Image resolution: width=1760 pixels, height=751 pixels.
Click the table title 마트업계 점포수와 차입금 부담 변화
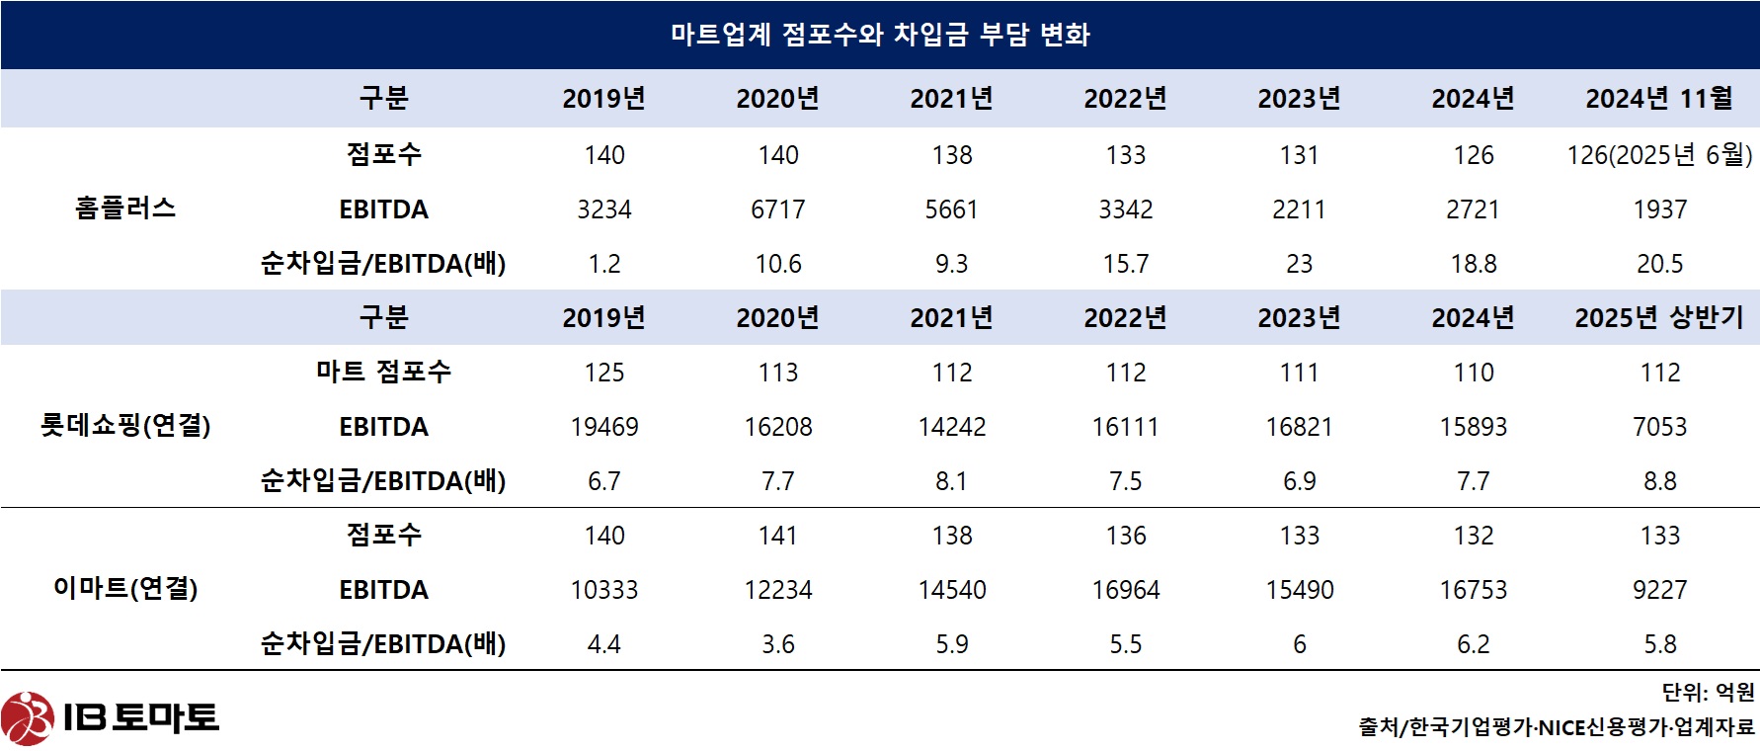[880, 35]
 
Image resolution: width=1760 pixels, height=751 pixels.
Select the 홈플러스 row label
[125, 209]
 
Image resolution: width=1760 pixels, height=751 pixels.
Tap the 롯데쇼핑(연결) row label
[125, 426]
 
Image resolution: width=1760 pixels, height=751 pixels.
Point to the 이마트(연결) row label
[125, 589]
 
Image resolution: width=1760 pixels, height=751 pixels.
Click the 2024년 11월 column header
[1659, 99]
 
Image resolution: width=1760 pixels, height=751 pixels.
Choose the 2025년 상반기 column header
[1659, 318]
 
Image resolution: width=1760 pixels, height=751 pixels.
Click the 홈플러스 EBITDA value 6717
[778, 209]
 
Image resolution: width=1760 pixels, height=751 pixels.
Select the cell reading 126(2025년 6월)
[1659, 155]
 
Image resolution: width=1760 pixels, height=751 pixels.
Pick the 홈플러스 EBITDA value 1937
[1660, 209]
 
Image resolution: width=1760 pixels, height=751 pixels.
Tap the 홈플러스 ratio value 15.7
[1126, 264]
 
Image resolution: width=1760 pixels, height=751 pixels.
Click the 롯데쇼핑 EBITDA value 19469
[604, 427]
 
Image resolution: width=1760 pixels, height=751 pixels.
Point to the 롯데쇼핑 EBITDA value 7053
[1660, 427]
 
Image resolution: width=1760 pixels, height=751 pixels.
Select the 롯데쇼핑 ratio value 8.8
[1660, 481]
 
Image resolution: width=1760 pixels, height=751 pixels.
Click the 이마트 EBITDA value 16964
[1126, 590]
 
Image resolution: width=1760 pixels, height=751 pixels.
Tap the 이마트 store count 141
[778, 536]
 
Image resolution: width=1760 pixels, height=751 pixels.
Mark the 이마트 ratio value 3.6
[778, 644]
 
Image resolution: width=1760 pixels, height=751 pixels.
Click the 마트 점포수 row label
[383, 372]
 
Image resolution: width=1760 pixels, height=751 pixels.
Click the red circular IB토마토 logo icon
[27, 718]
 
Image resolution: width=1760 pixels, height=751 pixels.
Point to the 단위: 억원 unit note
[1708, 693]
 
